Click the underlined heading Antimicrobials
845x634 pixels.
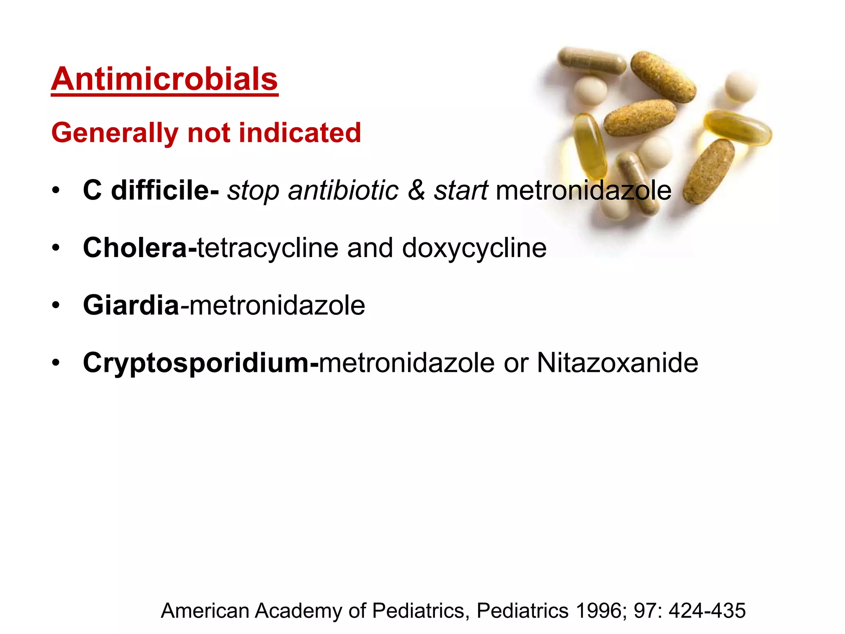coord(165,79)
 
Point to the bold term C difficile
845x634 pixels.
coord(151,190)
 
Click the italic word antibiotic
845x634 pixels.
coord(343,190)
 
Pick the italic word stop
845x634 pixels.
coord(253,191)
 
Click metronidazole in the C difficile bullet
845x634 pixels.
coord(583,190)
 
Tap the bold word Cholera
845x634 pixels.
coord(135,248)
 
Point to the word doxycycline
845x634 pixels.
coord(474,248)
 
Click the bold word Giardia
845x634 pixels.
coord(131,305)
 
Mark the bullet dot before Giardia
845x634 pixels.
coord(56,305)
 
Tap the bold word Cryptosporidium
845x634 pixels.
coord(196,363)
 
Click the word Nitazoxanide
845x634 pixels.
coord(617,363)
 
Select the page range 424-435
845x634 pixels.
coord(707,610)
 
